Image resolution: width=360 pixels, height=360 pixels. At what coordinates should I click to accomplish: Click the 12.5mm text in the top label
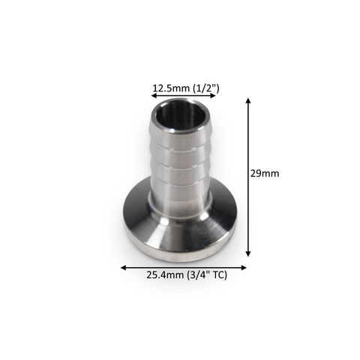tap(172, 88)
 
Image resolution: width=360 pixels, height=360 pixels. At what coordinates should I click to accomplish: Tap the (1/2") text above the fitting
tap(206, 88)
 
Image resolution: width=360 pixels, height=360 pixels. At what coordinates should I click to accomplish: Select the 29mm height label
tap(265, 173)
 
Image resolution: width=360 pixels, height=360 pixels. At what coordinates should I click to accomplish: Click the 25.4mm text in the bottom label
tap(166, 275)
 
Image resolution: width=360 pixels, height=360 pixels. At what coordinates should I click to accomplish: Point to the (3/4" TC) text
tap(207, 275)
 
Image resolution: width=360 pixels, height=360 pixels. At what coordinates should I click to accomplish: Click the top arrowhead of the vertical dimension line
tap(248, 100)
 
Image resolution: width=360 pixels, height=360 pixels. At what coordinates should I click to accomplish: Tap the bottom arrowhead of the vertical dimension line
tap(248, 253)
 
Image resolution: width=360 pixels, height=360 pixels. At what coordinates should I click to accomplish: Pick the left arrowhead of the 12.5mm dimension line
tap(154, 96)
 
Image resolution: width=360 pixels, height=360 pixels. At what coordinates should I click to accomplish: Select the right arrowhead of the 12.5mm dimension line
tap(213, 96)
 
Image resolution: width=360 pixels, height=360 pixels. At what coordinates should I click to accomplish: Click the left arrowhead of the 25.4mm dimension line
tap(124, 268)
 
